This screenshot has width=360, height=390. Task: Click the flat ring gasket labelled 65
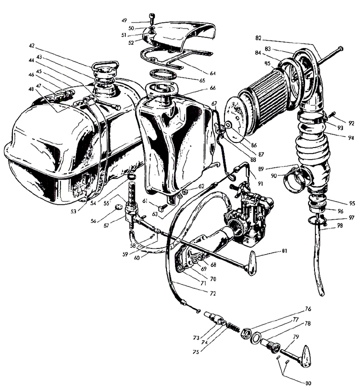[x=161, y=77]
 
